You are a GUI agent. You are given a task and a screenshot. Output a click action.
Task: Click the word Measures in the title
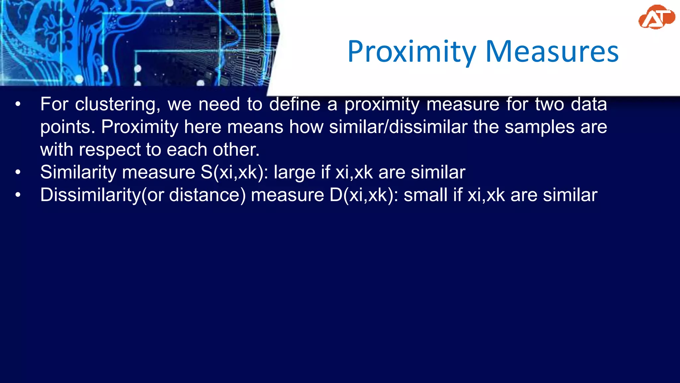552,52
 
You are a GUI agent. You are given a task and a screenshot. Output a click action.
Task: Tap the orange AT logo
656,17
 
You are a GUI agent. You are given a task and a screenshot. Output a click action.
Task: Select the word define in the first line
295,104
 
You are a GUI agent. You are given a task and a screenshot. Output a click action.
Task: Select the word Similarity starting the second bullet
78,173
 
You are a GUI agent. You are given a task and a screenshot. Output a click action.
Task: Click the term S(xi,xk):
234,173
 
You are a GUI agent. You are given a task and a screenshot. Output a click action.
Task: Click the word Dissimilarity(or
102,195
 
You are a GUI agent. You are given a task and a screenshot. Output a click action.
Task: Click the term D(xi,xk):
364,195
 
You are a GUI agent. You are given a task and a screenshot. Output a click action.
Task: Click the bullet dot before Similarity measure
18,173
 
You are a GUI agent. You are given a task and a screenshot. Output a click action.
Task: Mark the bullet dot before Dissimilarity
18,195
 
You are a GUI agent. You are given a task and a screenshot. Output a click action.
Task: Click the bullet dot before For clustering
18,104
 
